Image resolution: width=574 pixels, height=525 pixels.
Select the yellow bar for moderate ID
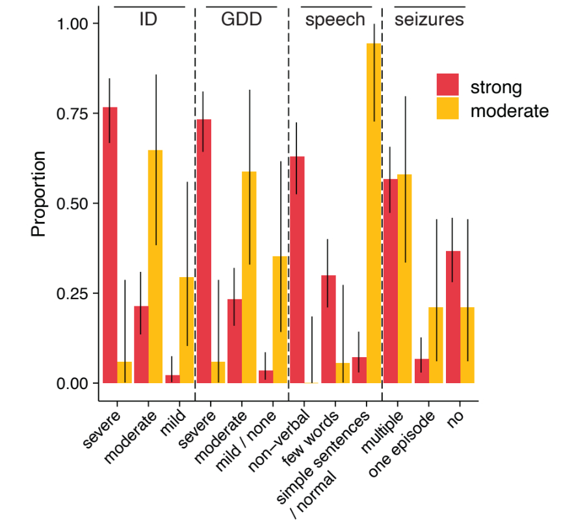155,267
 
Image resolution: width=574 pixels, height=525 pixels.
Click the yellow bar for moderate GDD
249,277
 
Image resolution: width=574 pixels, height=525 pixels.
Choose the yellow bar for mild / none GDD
280,319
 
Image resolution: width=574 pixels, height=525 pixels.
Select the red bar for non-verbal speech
296,269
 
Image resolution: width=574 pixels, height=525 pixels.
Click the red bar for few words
328,329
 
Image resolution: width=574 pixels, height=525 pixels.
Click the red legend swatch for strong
447,86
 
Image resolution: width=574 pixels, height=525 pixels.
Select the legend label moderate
510,111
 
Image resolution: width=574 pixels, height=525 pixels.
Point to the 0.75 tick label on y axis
71,114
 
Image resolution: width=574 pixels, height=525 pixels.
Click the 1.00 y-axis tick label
71,24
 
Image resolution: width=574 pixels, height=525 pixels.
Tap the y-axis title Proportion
39,194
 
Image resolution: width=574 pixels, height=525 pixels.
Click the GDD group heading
241,20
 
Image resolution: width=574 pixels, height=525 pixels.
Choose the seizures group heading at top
429,20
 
